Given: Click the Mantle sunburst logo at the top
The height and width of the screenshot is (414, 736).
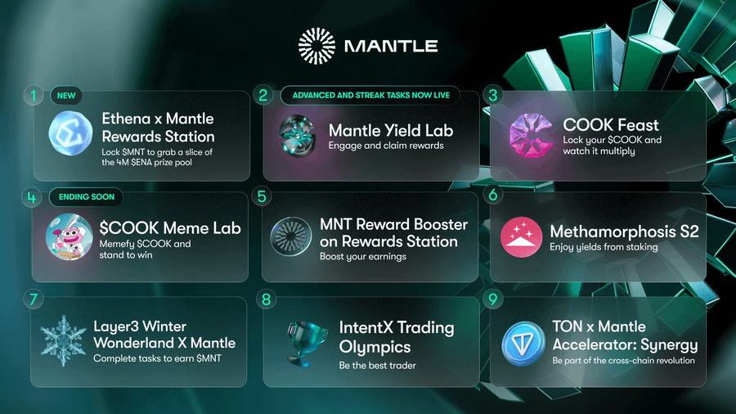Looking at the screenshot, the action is coord(316,46).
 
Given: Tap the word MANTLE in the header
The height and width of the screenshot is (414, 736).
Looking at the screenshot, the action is coord(391,46).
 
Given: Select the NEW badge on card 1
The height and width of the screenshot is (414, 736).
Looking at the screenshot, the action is coord(66,95).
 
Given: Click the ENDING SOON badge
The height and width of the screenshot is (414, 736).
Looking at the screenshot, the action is coord(87,196).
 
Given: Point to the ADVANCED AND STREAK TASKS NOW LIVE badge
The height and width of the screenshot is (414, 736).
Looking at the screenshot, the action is coord(370,95).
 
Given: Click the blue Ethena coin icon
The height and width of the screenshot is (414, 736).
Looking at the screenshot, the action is coord(70,133).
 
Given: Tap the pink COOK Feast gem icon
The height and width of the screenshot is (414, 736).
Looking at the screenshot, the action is coord(531,135).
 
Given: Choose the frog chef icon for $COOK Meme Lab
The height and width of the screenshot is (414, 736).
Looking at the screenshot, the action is coord(69,236).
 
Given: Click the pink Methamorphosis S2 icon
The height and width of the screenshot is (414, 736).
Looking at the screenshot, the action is coord(521,237).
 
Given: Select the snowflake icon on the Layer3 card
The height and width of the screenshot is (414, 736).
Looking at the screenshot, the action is coord(63,341).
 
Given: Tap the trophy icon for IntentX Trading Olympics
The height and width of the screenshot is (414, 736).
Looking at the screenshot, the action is coord(306,343).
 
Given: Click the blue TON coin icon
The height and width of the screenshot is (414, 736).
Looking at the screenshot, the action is coord(523,344).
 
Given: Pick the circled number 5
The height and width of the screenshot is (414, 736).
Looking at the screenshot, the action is coord(262,196).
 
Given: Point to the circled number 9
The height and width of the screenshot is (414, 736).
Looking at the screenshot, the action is coord(493,299).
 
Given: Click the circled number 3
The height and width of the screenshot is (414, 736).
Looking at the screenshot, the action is coord(493,95).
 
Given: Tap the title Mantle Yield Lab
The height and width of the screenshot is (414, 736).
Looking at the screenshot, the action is coord(391,130).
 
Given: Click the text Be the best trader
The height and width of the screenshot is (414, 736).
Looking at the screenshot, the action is coord(377,365).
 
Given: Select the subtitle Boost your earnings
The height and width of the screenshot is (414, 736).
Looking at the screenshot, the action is coord(363,257).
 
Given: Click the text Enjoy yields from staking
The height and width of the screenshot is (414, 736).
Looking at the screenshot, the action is coord(604,247).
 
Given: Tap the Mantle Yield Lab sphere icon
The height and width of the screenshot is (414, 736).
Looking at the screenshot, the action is coord(298,136).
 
